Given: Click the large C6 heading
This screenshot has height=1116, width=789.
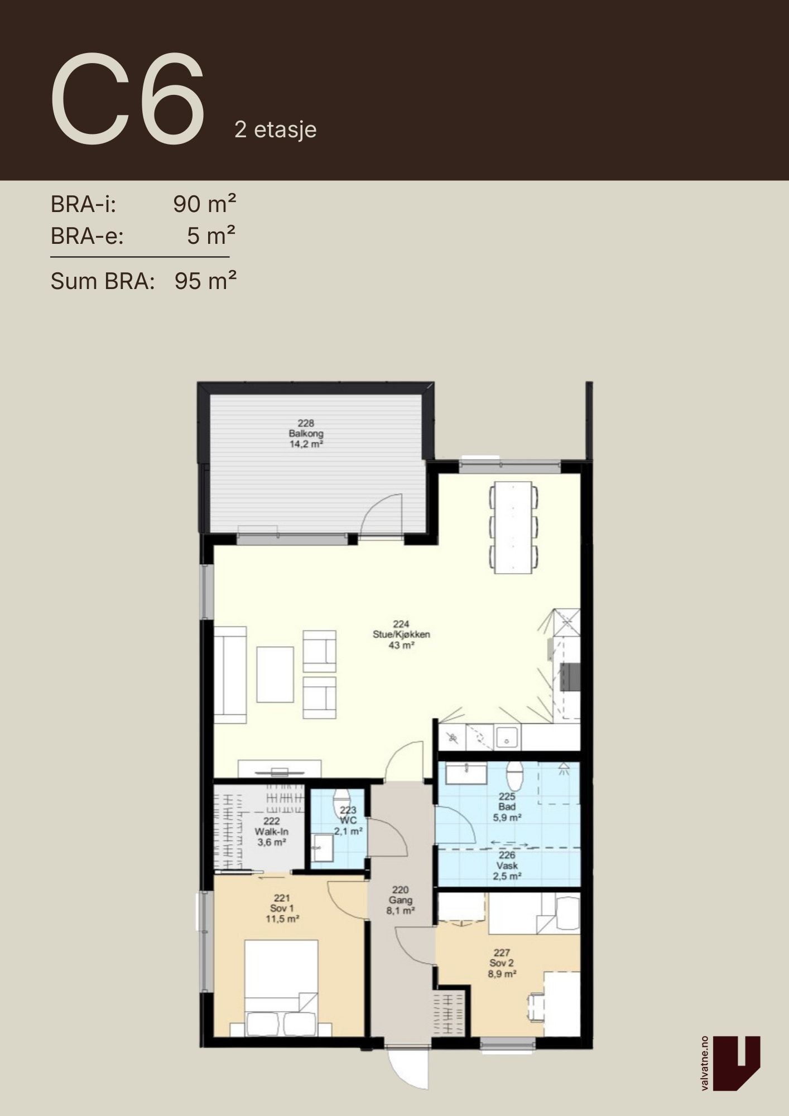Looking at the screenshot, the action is tap(128, 100).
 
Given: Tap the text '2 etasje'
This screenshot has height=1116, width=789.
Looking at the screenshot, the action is tap(276, 130).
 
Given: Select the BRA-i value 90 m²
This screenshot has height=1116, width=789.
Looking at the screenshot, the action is tap(205, 204).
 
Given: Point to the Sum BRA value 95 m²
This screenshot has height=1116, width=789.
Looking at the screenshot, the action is tap(205, 281).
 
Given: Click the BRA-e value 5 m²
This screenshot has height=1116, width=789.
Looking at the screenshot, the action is tap(211, 236).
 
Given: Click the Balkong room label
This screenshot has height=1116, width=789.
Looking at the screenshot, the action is tap(306, 434).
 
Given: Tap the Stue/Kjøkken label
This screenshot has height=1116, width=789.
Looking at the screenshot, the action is tap(401, 635).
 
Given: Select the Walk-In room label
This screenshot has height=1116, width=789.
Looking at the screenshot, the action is tap(271, 831).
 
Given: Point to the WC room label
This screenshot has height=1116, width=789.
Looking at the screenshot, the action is tap(348, 820).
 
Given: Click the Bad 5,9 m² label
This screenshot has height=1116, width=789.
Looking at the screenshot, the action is tap(507, 807).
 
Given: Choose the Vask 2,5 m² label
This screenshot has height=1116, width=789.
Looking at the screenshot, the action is tap(507, 865).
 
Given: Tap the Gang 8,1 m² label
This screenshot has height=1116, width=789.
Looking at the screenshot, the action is tap(401, 900).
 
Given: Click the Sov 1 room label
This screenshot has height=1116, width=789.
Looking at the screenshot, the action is tap(282, 908).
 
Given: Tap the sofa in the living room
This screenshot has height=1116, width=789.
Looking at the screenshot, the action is tap(230, 675).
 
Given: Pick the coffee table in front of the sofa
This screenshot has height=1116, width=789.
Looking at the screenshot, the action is tap(275, 675).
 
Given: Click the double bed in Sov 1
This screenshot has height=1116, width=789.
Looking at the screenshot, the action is tap(281, 988).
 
